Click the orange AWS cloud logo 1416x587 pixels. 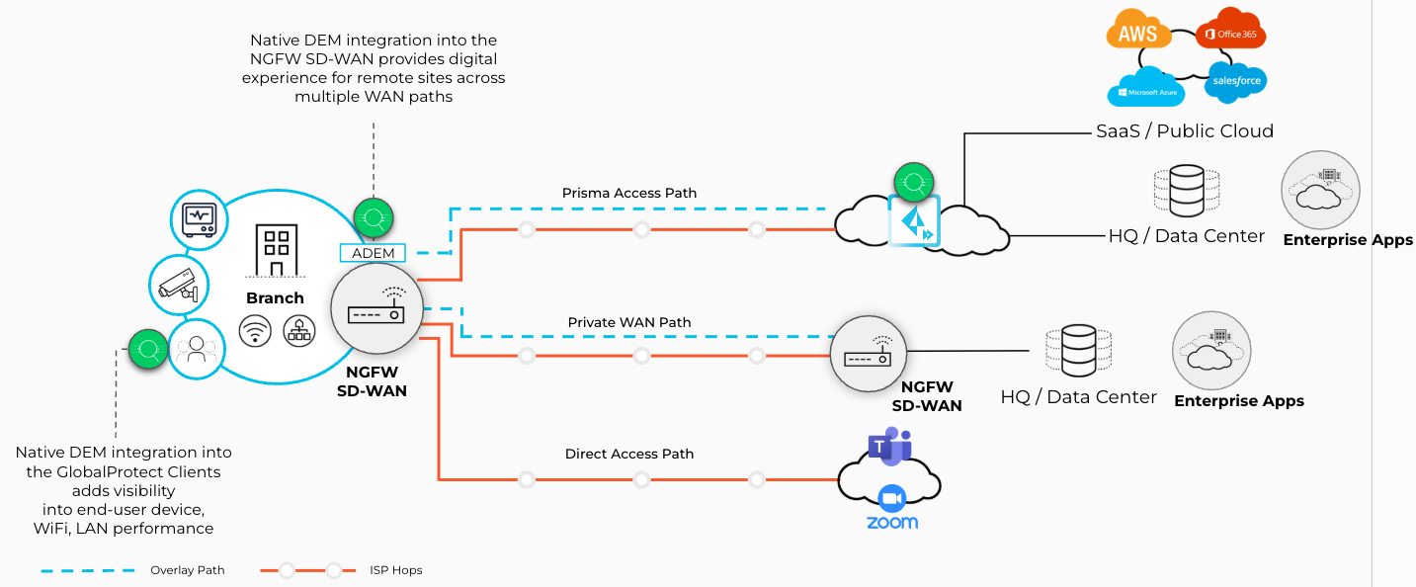tap(1137, 35)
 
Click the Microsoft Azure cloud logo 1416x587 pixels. tap(1145, 89)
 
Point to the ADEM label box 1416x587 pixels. tap(373, 253)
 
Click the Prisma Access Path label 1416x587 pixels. tap(629, 193)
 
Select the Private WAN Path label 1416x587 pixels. tap(629, 322)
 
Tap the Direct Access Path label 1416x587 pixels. tap(629, 454)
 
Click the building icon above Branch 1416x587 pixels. tap(276, 250)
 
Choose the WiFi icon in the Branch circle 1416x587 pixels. tap(256, 330)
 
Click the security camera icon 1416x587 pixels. tap(179, 286)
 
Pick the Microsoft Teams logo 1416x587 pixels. tap(889, 446)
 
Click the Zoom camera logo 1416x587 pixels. tap(892, 498)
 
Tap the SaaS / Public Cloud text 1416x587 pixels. tap(1184, 130)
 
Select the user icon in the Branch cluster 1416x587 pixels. tap(197, 349)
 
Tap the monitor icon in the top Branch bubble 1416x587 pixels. tap(200, 216)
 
